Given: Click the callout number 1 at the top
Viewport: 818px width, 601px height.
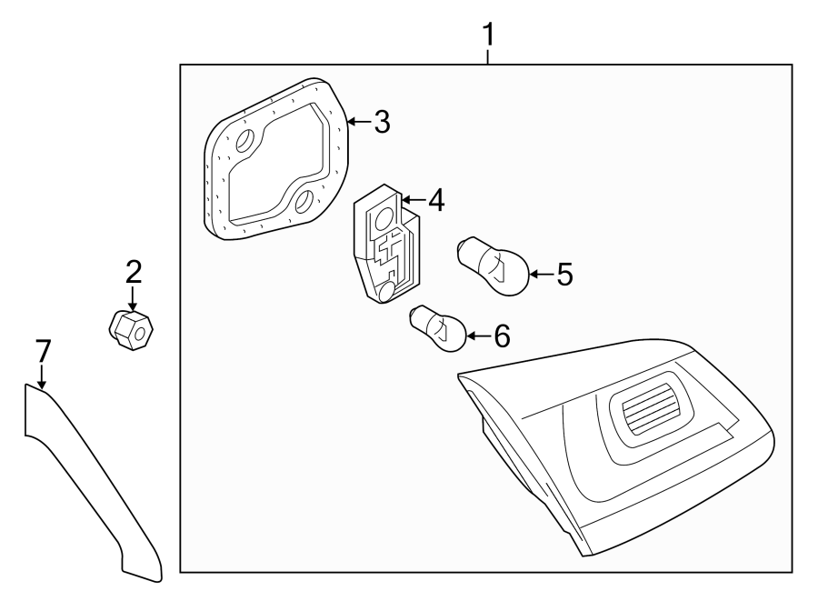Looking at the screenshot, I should (x=488, y=35).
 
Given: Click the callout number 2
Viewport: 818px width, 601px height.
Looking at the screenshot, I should (x=134, y=270).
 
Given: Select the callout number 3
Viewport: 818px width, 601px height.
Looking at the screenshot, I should (x=382, y=122).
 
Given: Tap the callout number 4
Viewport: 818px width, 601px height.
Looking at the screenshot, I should (x=436, y=200).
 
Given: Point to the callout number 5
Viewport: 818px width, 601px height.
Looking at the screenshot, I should (x=564, y=274).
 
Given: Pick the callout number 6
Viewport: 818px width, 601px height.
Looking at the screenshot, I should (x=501, y=336).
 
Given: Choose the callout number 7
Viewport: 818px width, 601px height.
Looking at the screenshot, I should (x=43, y=351).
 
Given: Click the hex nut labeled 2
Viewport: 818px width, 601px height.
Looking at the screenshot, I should (x=131, y=332).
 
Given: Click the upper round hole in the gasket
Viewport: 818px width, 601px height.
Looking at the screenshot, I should (x=244, y=142).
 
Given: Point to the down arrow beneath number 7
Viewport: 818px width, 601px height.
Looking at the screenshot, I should (x=42, y=380).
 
